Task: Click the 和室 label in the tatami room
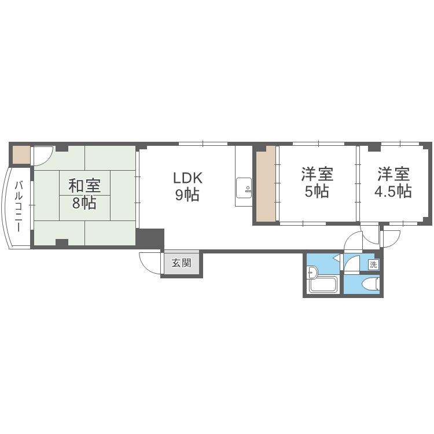click(x=84, y=186)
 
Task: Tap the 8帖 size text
click(x=84, y=203)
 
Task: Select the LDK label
click(x=187, y=178)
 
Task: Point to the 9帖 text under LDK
click(x=187, y=194)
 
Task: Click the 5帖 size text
click(x=317, y=191)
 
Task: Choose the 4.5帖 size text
click(x=393, y=191)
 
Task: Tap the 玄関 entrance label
click(x=181, y=263)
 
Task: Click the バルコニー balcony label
click(x=19, y=207)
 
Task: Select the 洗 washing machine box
click(x=373, y=265)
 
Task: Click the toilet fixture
click(x=370, y=284)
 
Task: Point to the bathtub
click(x=323, y=284)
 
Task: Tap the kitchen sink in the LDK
click(x=244, y=188)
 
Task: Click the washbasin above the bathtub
click(x=312, y=271)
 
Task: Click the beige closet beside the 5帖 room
click(x=266, y=184)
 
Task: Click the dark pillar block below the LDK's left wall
click(x=150, y=239)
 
